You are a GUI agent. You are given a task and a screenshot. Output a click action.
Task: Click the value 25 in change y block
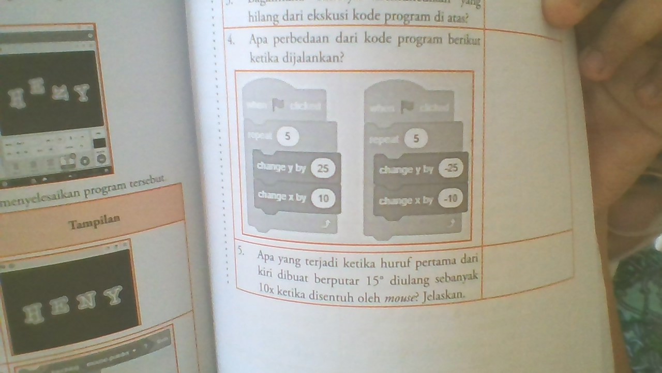point(323,169)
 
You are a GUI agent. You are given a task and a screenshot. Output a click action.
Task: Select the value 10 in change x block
point(323,198)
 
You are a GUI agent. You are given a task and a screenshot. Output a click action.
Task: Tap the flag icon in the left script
point(278,105)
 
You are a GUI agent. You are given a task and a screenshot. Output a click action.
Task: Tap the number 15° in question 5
point(376,281)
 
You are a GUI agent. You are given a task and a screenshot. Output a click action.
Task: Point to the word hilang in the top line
point(263,18)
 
